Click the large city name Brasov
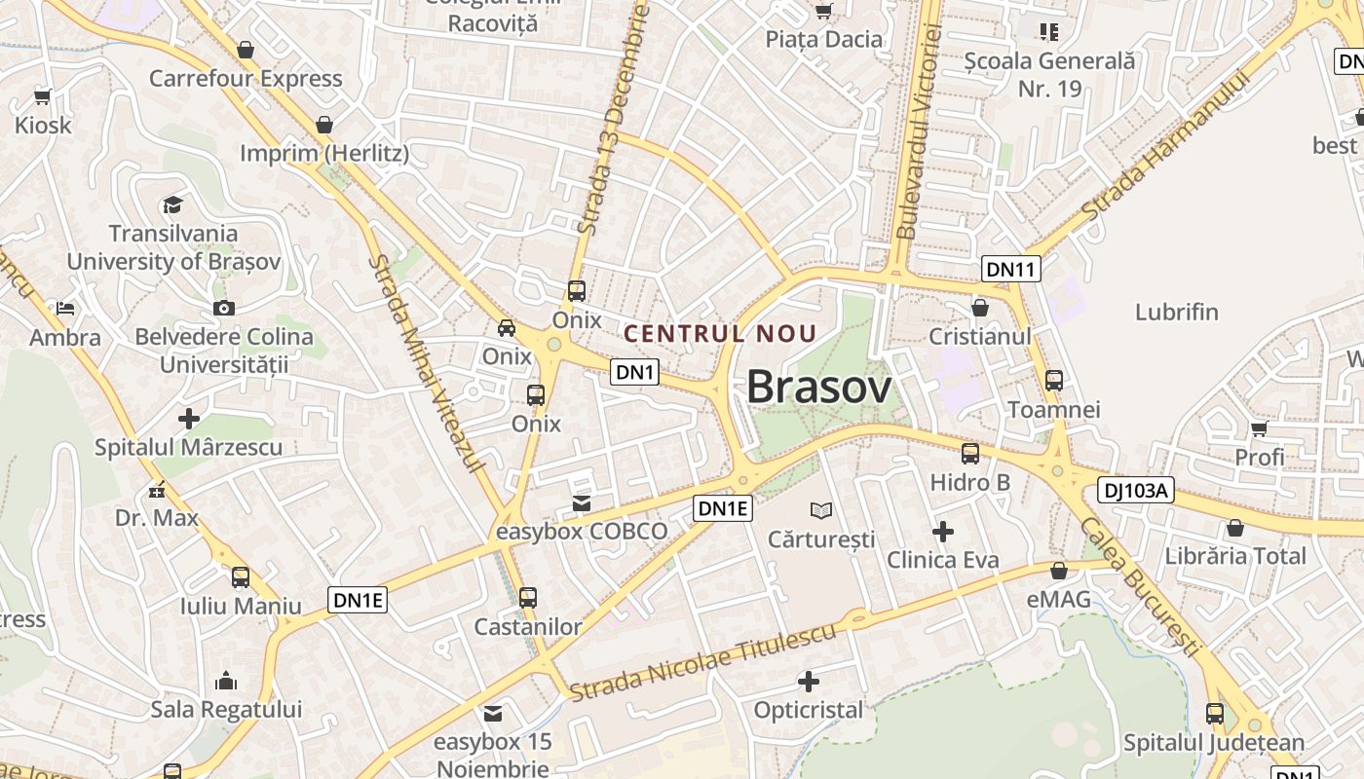pos(818,388)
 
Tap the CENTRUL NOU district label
pos(720,333)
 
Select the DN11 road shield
pos(1010,269)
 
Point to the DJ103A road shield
pos(1135,490)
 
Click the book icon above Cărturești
pos(822,510)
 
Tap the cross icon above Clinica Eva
pos(942,532)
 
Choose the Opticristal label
pos(809,710)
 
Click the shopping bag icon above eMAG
pos(1059,571)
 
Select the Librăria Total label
pos(1235,556)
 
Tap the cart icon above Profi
pos(1259,428)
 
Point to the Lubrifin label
pos(1176,312)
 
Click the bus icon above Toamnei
pos(1053,381)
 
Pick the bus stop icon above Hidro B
pos(969,454)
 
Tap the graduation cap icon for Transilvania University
pos(172,204)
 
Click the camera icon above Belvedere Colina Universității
pos(224,309)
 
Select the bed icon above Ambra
pos(65,309)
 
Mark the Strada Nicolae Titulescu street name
pos(702,662)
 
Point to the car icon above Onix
pos(507,328)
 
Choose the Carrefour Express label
pos(246,78)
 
